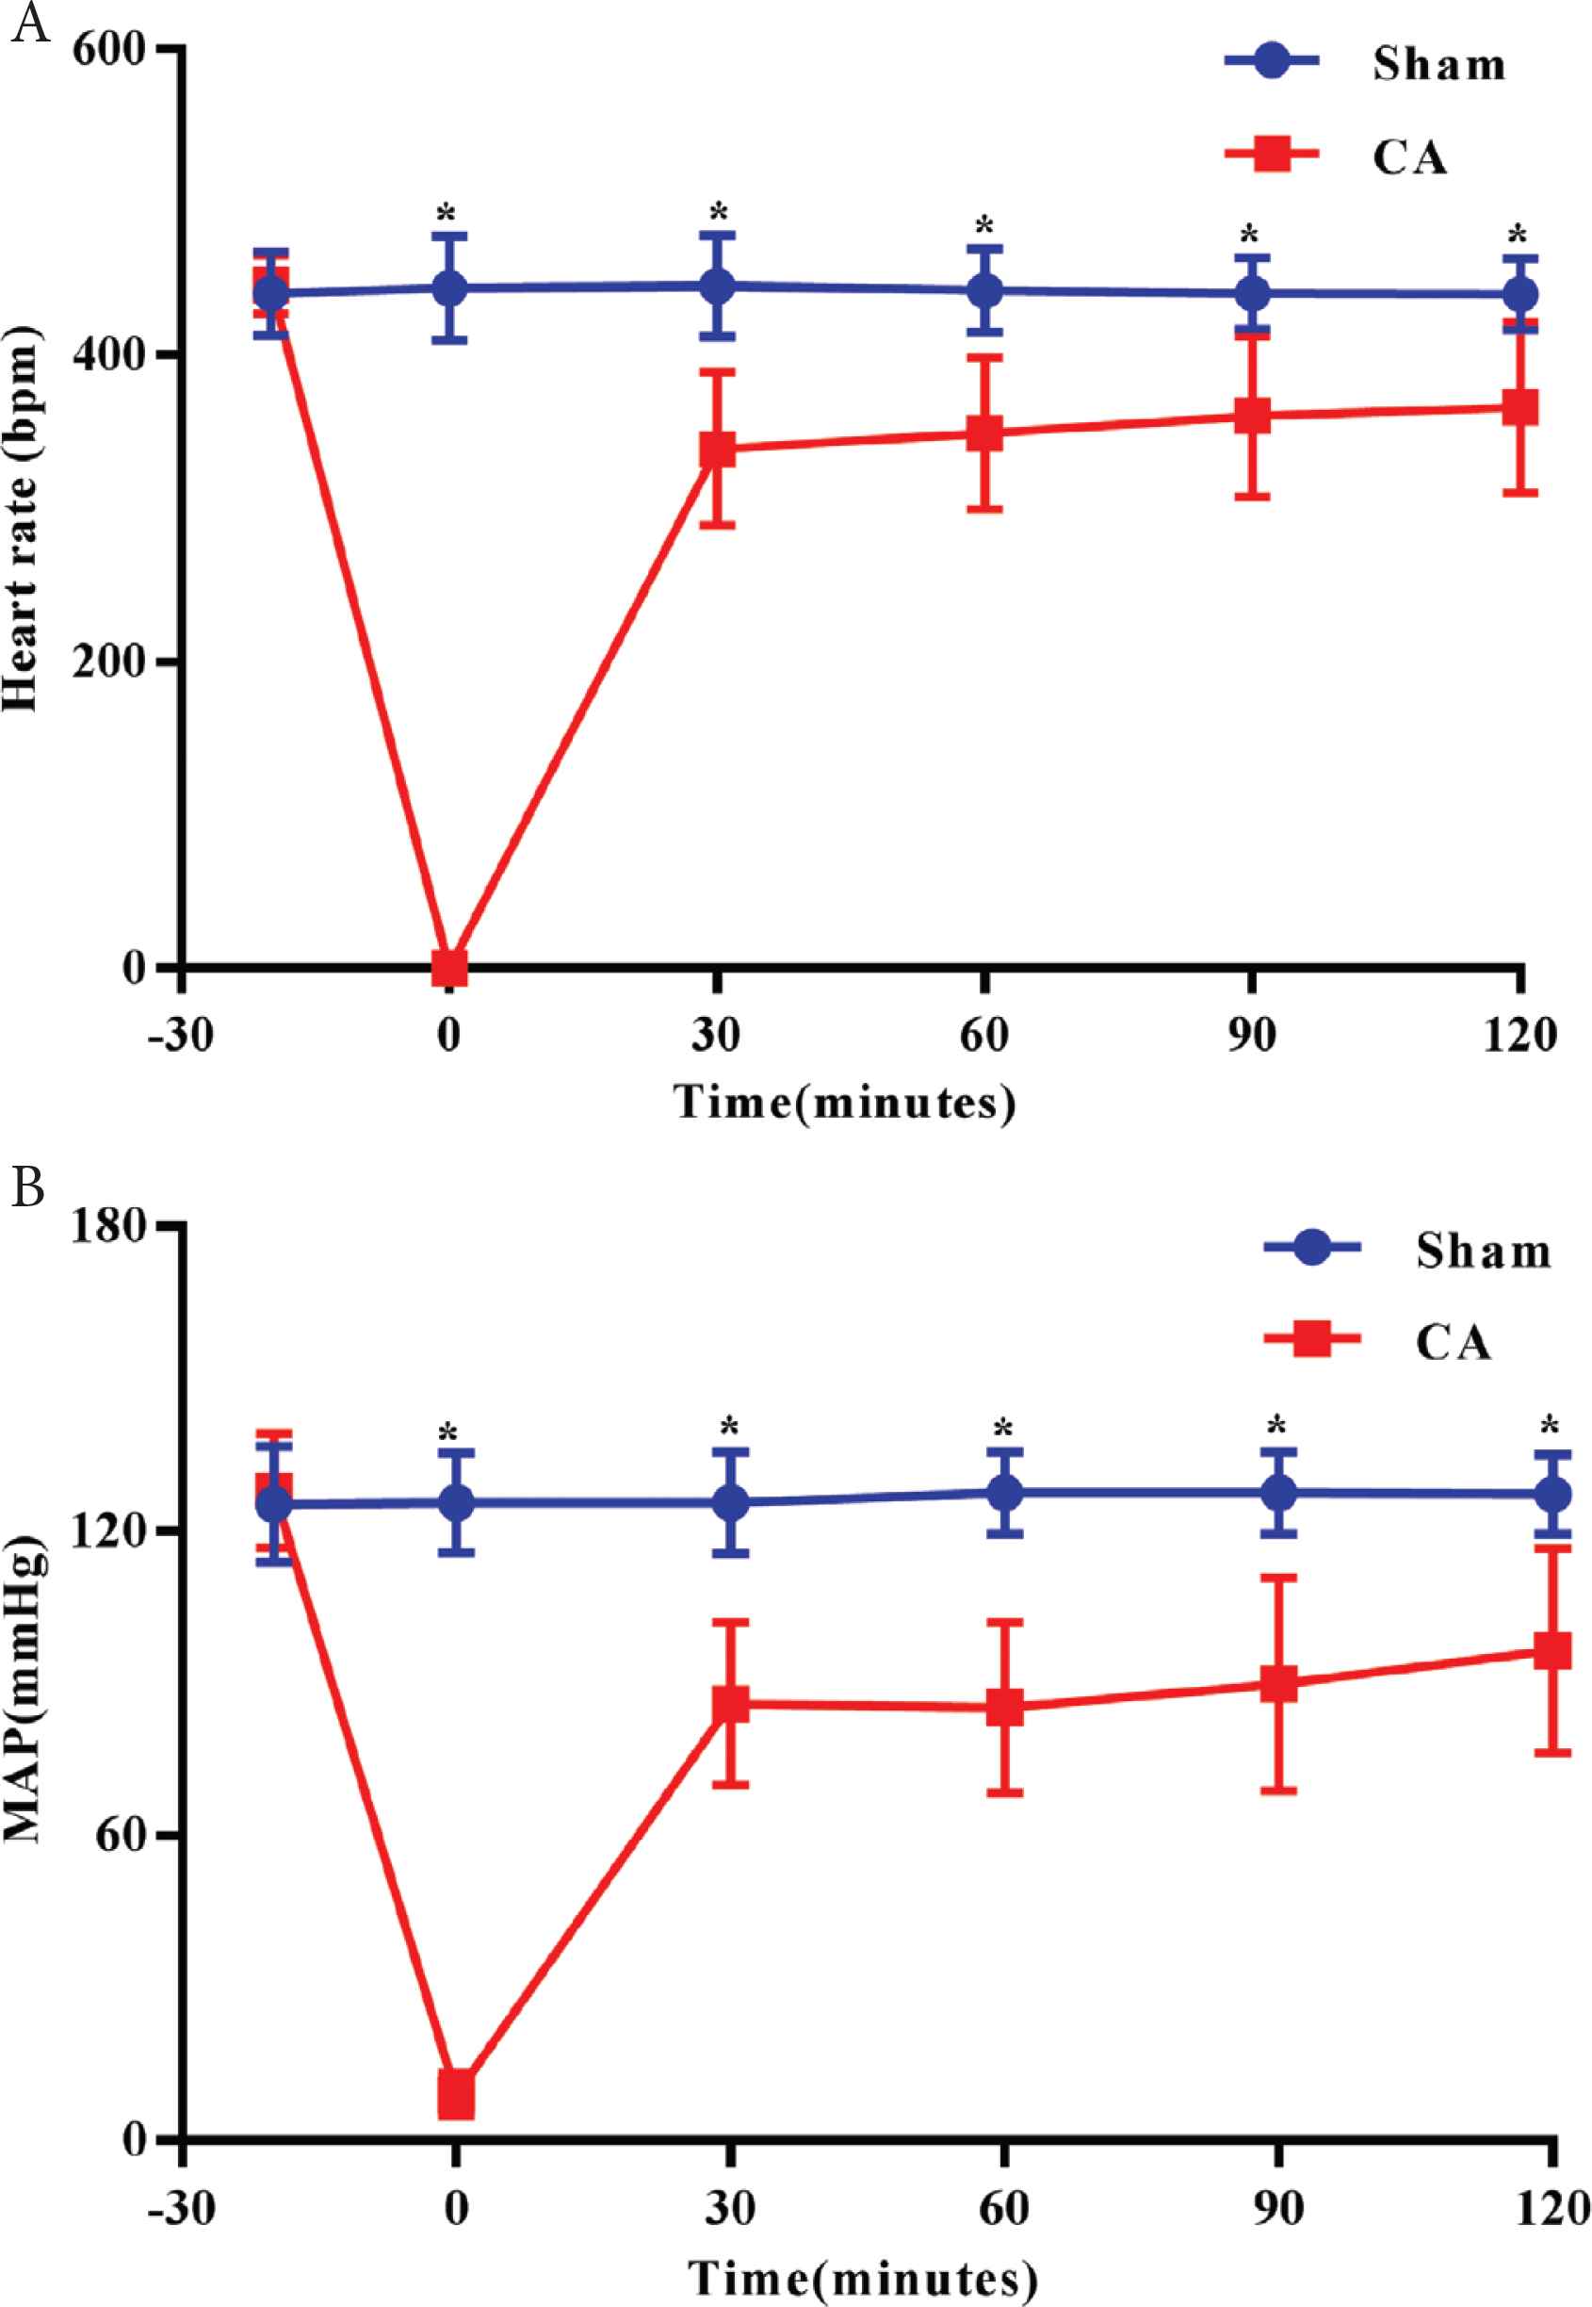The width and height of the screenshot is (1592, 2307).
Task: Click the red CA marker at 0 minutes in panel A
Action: point(449,967)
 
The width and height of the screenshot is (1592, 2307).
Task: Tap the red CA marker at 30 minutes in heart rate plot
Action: point(716,448)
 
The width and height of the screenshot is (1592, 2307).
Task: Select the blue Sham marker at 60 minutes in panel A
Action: point(984,291)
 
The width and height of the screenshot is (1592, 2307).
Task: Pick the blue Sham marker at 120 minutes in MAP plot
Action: point(1551,1494)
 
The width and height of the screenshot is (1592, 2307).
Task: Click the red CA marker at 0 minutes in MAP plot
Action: point(456,2093)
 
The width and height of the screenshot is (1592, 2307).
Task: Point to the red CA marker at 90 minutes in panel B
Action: point(1277,1684)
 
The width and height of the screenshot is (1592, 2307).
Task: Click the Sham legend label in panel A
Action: point(1438,65)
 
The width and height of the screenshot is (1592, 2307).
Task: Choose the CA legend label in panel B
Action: point(1453,1342)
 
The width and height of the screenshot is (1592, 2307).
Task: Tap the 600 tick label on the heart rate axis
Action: point(109,50)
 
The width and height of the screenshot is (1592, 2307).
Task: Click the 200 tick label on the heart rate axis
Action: point(109,662)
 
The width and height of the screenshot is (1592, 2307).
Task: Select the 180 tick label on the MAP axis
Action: point(109,1227)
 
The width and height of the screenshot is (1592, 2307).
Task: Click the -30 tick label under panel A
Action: point(181,1036)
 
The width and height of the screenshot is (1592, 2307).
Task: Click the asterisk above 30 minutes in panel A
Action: point(718,213)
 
